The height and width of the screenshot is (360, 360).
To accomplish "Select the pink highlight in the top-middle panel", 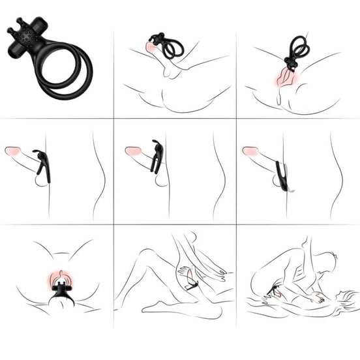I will (x=151, y=47).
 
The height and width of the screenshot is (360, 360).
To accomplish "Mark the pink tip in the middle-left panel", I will (x=12, y=151).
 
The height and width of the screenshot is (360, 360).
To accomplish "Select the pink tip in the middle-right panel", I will (x=250, y=151).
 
